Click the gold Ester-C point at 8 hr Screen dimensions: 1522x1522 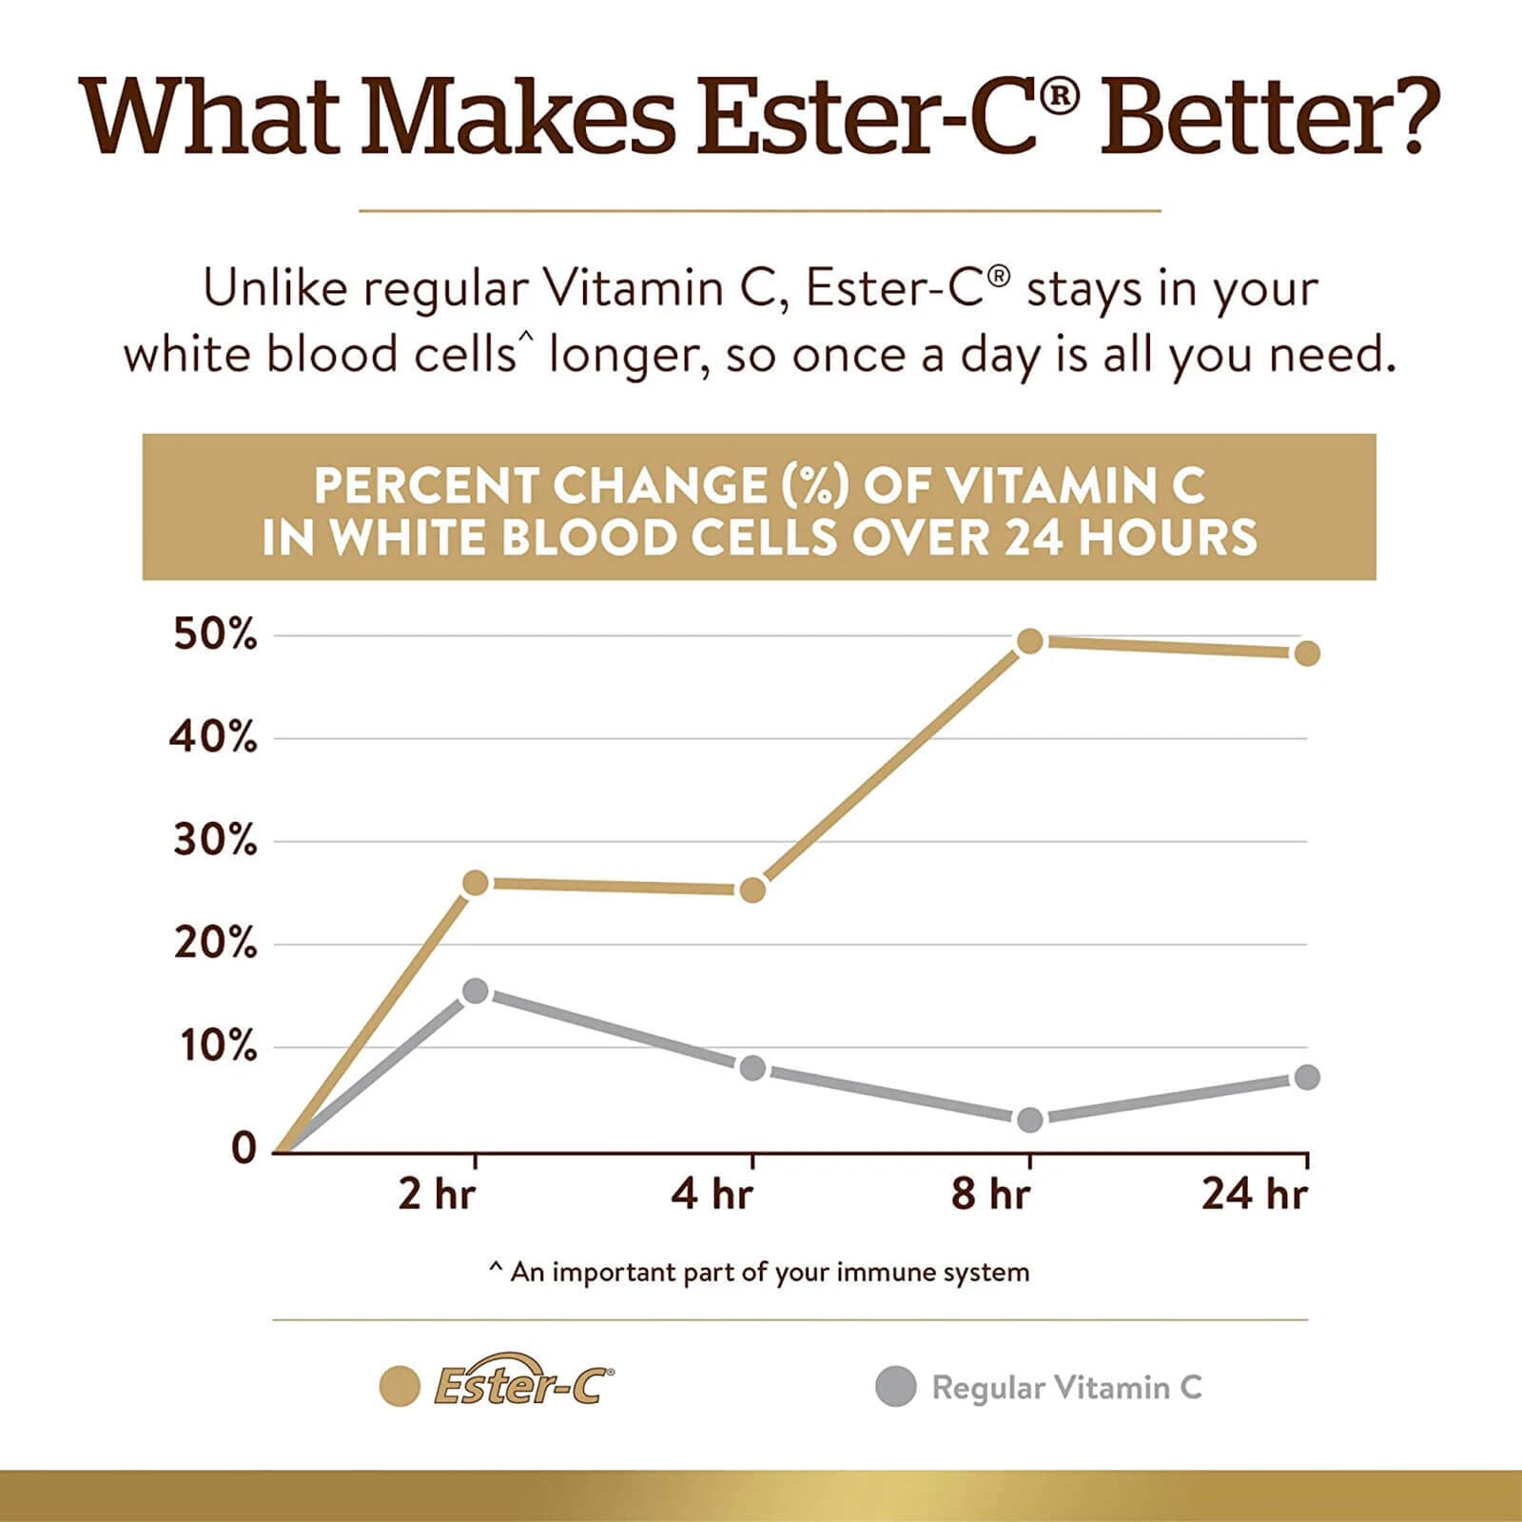tap(1030, 641)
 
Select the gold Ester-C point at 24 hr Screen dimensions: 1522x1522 tap(1307, 654)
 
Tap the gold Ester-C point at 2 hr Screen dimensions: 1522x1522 tap(476, 884)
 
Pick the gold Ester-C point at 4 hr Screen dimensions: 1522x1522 tap(752, 890)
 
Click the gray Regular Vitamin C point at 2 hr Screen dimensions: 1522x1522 tap(476, 991)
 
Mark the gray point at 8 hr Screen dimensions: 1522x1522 tap(1030, 1120)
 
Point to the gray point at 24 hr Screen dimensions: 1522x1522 tap(1307, 1077)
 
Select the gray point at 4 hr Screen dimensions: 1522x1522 tap(752, 1067)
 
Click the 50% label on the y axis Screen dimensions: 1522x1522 tap(215, 634)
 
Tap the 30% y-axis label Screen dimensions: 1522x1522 tap(215, 841)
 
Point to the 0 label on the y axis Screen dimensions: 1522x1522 tap(244, 1149)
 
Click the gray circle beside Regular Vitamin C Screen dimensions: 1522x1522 tap(895, 1387)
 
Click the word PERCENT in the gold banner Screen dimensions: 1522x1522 tap(425, 486)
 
